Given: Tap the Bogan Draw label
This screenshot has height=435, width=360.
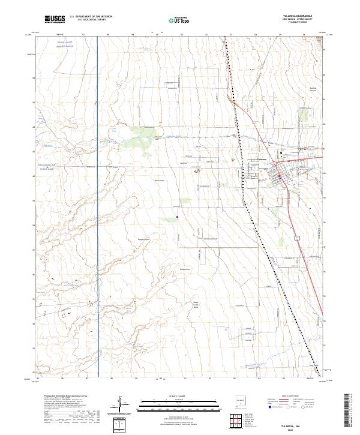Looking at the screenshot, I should click(x=143, y=238).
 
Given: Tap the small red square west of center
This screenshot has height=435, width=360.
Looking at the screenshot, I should click(x=178, y=217).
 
